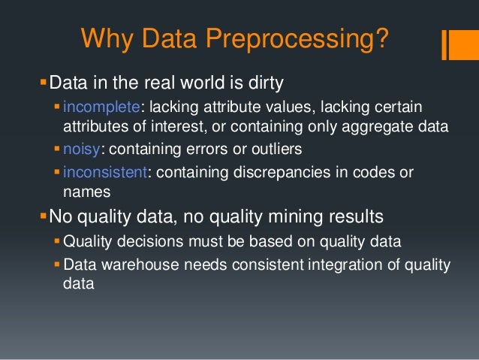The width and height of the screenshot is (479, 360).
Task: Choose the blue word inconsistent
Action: tap(107, 172)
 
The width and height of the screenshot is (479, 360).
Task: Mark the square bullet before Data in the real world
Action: tap(43, 80)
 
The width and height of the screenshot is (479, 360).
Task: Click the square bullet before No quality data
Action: tap(43, 217)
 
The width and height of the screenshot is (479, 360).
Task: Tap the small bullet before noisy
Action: tap(58, 150)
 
